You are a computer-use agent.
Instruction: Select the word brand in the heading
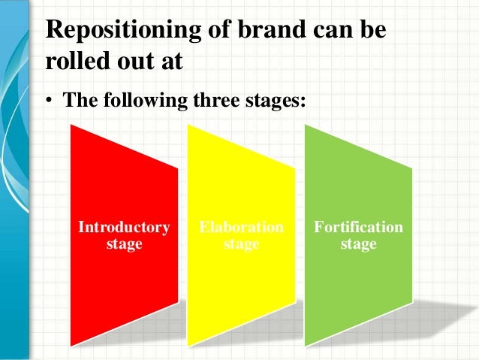243,31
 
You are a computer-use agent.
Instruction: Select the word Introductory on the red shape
125,227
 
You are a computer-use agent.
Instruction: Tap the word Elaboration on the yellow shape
241,227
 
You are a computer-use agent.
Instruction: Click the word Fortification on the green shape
358,227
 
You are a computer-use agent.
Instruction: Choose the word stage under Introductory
125,245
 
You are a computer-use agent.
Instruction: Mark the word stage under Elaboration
241,245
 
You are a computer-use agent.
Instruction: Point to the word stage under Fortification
358,245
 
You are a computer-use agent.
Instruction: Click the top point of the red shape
71,125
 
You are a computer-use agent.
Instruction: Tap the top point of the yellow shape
188,125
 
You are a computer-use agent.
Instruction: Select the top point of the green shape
306,125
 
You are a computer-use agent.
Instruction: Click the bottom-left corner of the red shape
71,346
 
